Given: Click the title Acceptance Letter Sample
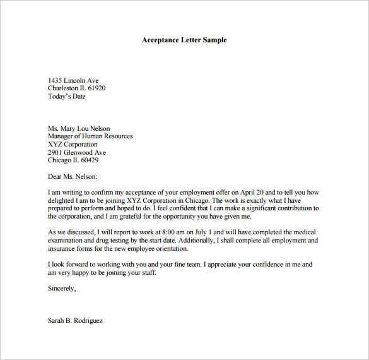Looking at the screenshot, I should click(x=184, y=40).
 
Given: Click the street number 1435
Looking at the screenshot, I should click(x=56, y=80).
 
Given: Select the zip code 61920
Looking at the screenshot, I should click(x=97, y=88).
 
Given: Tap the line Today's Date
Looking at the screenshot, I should click(x=66, y=97).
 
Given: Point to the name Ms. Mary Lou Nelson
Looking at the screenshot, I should click(x=79, y=128).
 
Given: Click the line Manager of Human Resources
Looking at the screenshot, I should click(x=90, y=136).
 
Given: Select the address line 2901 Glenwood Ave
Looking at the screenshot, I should click(x=77, y=153).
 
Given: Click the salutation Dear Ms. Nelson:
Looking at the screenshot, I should click(x=73, y=176).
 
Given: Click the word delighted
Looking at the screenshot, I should click(x=61, y=200).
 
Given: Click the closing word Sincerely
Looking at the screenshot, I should click(x=62, y=289).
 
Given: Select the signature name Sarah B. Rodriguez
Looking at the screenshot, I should click(x=75, y=321).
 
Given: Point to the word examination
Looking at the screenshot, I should click(x=66, y=241).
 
